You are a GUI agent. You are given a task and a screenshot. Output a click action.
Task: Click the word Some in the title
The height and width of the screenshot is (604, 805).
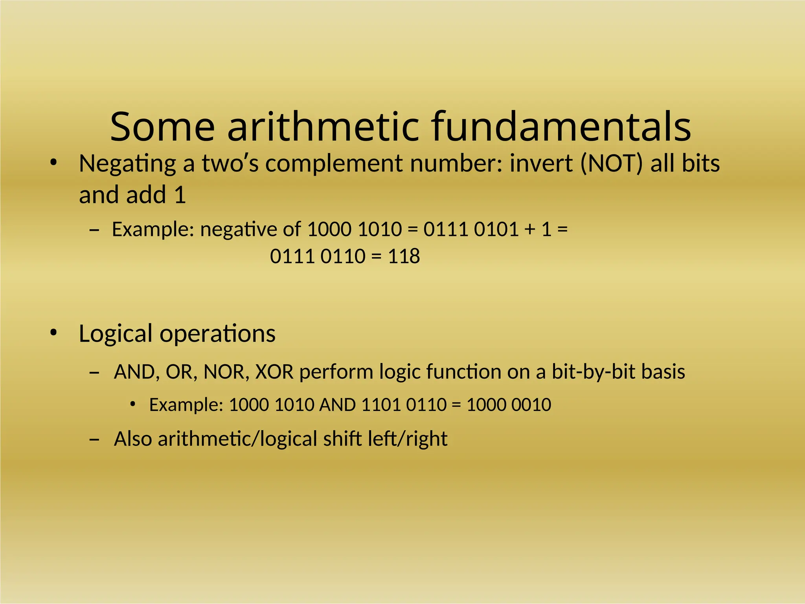pos(162,127)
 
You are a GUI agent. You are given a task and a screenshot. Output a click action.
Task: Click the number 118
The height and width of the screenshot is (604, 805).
pos(404,256)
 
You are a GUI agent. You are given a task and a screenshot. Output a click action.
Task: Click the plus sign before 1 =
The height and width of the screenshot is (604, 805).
pos(529,230)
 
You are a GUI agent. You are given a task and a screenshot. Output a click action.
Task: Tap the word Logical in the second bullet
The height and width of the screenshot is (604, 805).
pos(116,334)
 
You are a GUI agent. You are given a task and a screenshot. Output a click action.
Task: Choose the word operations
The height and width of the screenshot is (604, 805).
pos(217,334)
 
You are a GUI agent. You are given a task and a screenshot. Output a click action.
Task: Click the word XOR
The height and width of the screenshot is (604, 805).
pos(274,372)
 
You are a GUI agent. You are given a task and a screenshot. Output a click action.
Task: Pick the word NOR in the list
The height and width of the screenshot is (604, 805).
pos(226,372)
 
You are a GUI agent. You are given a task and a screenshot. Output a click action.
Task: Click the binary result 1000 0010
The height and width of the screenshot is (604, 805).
pos(509,405)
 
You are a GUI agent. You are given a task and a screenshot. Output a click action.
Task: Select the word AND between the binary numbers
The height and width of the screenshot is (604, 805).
pos(337,405)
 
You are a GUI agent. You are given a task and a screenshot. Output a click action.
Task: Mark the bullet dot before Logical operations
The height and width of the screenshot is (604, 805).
pos(53,333)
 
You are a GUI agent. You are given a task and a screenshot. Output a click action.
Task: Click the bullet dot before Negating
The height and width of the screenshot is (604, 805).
pos(53,163)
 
